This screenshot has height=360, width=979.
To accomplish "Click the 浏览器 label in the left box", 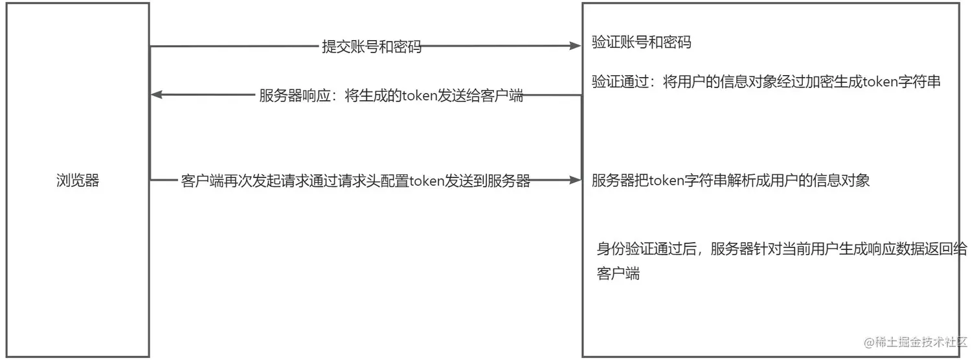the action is coord(78,181).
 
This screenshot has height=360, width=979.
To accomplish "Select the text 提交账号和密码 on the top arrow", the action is coord(372,47).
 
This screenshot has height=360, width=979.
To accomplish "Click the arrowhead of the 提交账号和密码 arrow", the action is coord(576,46).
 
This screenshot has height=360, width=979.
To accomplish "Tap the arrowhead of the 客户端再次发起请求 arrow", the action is coord(576,181).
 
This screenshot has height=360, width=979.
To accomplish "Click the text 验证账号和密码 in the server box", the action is coord(642,43).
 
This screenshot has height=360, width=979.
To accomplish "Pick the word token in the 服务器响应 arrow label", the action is coord(420,96).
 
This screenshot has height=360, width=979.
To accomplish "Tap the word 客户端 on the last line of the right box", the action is coord(618,273).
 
